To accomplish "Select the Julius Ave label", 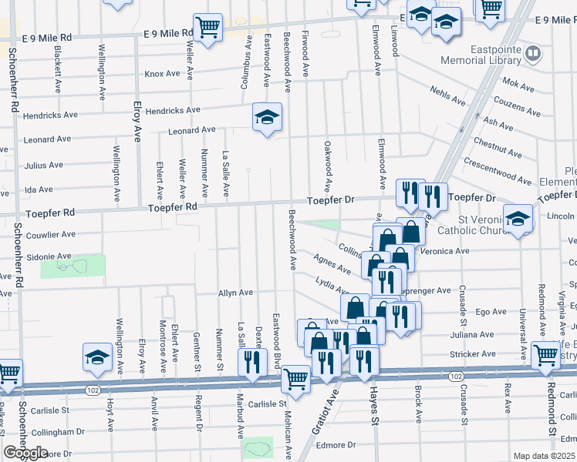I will pos(43,166).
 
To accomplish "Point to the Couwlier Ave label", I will pos(50,234).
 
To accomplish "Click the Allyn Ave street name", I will pos(236,293).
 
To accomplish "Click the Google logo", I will pos(25,452).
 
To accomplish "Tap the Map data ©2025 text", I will pos(545,456).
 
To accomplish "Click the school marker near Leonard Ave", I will pos(268,118).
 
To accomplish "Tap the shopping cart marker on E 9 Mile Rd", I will pos(208,28).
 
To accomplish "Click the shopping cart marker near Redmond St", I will pos(545,355).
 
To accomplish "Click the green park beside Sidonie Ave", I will pos(72,266).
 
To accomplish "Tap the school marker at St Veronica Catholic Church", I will pos(518,219).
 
